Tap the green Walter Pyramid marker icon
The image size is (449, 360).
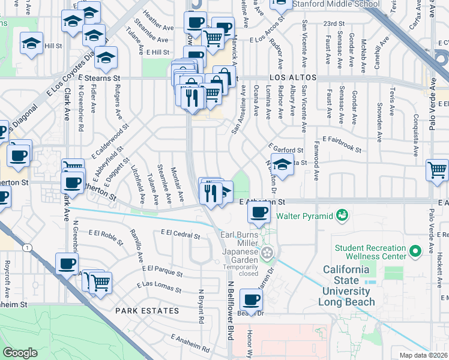[x=342, y=214]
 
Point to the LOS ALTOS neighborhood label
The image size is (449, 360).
[x=293, y=79]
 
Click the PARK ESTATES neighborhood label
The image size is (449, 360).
[x=147, y=311]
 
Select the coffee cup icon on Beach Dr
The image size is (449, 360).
[x=252, y=300]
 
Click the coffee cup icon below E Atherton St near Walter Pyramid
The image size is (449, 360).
[x=259, y=212]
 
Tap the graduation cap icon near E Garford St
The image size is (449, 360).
[x=282, y=164]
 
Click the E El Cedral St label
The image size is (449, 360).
[x=180, y=235]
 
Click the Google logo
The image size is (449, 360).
[x=20, y=353]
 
